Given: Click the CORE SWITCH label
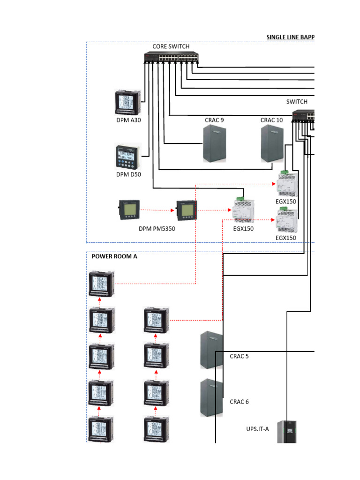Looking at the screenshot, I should point(171,46).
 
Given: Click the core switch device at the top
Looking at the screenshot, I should point(171,58).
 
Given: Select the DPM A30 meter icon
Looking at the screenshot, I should point(128,103).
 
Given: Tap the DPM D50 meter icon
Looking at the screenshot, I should point(128,157).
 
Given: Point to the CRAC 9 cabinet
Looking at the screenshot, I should point(214,144).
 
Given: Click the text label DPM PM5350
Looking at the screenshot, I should point(157,229).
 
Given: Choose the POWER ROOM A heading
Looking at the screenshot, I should point(114,256).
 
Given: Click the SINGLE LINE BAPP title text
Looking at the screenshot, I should point(290,37).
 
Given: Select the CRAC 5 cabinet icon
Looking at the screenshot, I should point(211,350).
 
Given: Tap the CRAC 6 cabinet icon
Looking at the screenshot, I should point(211,397).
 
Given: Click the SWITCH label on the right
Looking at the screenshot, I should point(297,102).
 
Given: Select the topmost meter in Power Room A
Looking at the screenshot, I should point(102,284).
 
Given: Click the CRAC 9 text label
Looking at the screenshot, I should point(214,120).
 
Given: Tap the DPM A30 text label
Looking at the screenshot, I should point(128,120).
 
